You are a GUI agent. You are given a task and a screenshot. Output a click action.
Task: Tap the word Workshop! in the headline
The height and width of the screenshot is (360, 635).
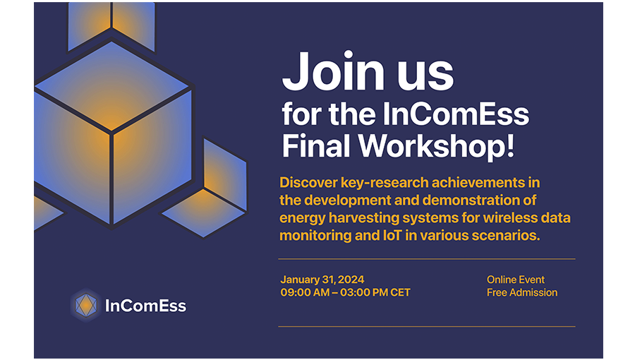437,146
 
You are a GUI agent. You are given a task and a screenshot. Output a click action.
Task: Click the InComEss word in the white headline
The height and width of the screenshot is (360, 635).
456,114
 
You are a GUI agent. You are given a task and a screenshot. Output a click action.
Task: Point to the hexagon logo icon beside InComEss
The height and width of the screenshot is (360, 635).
86,306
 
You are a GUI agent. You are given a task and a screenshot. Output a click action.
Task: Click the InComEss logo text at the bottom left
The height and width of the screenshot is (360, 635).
145,306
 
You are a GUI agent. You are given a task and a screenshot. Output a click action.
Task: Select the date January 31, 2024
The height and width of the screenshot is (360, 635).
322,280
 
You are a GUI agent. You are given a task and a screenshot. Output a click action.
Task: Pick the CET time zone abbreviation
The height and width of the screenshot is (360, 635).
401,292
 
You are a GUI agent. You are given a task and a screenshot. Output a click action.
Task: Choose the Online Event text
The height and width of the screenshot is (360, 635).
516,280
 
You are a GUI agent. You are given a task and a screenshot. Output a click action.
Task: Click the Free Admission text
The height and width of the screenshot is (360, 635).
522,292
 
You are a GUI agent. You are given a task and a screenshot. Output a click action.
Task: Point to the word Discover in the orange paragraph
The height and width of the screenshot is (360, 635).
308,183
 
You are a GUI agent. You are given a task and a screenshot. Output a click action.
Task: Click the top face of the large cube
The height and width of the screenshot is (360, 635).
111,86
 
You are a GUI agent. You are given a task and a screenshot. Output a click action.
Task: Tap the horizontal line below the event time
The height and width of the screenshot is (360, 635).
426,326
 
